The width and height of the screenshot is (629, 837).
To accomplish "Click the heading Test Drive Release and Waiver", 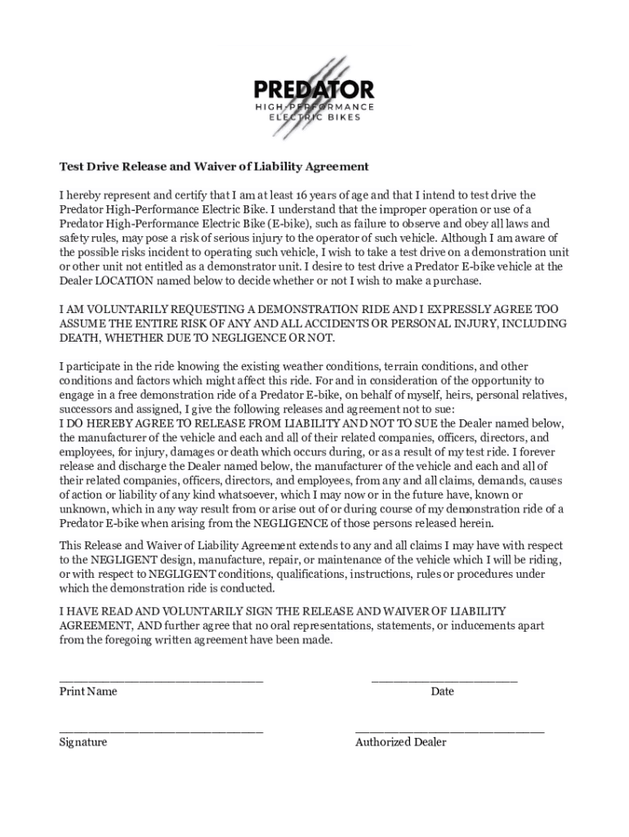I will pos(214,167).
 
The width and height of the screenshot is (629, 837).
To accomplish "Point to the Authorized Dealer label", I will pos(400,743).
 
